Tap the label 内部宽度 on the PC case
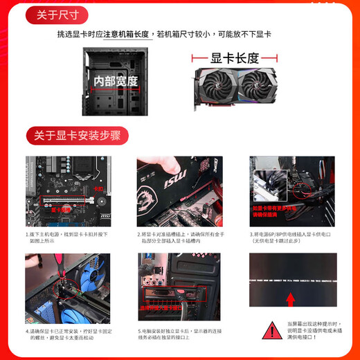[x=116, y=81]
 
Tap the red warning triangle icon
[x=268, y=332]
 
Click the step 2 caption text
[x=179, y=238]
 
